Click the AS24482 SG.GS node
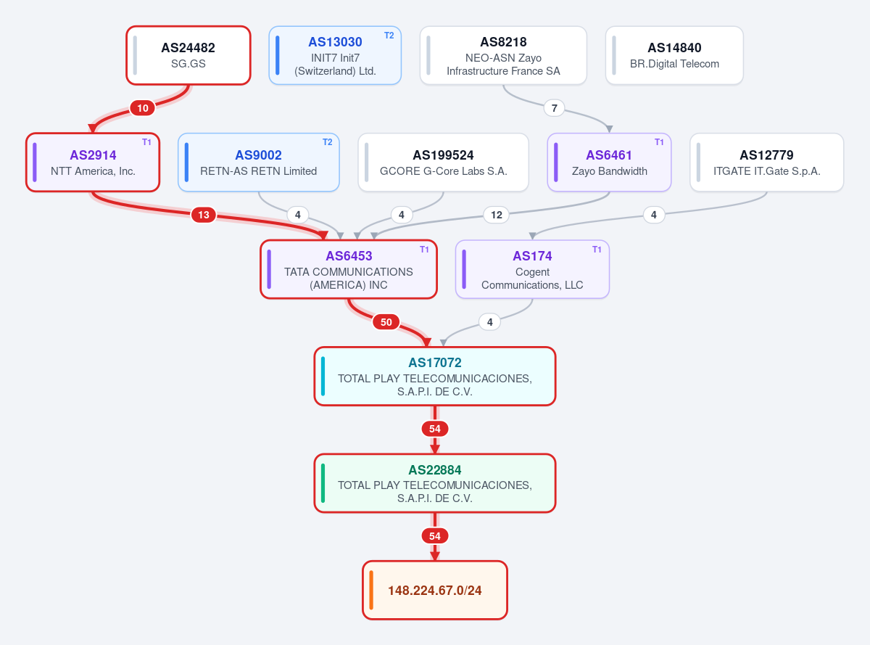click(x=188, y=55)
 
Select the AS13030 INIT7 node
click(x=335, y=55)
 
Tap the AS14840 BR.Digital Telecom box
click(x=674, y=55)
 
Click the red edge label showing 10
click(x=142, y=108)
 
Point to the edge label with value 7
click(x=554, y=108)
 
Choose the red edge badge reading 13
click(x=204, y=215)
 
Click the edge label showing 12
click(x=496, y=215)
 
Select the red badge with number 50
click(x=386, y=322)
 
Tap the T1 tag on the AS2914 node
click(x=146, y=142)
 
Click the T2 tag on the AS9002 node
click(x=328, y=142)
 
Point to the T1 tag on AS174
click(x=597, y=250)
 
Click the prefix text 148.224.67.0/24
click(x=434, y=591)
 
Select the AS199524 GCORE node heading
click(x=443, y=155)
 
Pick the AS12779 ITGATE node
click(x=766, y=162)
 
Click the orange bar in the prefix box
click(x=371, y=590)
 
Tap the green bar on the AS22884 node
click(x=323, y=483)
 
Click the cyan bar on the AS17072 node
click(x=323, y=376)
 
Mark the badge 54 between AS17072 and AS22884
click(x=434, y=429)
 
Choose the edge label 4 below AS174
click(x=489, y=322)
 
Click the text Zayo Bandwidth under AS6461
click(x=609, y=171)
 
